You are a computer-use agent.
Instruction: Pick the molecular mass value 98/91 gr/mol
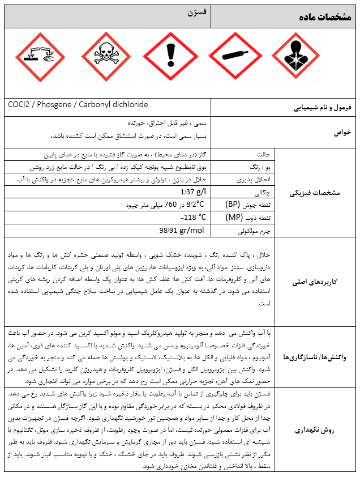point(181,230)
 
